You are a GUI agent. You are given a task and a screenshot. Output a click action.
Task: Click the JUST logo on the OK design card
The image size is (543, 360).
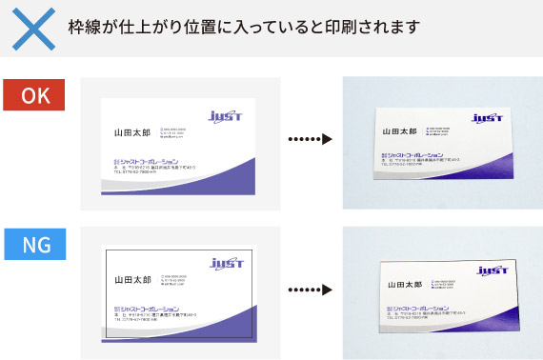click(x=226, y=116)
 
